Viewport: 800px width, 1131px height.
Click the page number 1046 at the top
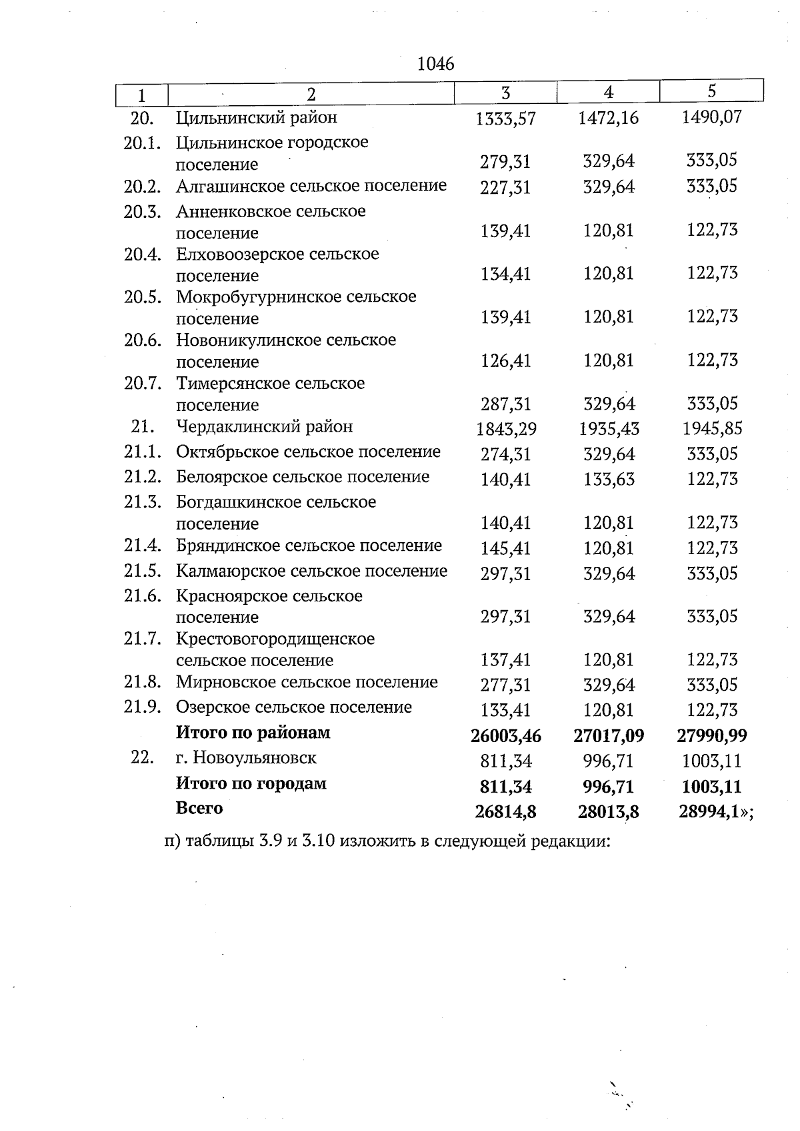(435, 64)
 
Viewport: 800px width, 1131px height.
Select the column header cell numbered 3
(505, 93)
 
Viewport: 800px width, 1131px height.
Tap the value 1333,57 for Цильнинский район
(505, 119)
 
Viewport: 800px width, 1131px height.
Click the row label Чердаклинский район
(264, 426)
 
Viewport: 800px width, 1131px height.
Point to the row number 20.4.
(143, 254)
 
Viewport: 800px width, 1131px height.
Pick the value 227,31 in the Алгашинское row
(505, 188)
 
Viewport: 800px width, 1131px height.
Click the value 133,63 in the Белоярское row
(608, 480)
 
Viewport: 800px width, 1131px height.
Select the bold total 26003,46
(505, 736)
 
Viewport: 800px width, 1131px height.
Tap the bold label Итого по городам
(251, 783)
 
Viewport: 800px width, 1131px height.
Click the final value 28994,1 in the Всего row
(709, 812)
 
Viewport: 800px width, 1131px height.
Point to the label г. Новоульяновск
(246, 758)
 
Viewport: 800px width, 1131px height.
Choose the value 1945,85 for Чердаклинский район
(712, 428)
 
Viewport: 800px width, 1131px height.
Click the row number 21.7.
(143, 639)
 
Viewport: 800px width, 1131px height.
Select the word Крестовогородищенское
(275, 639)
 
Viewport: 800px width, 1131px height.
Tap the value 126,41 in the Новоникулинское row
(505, 361)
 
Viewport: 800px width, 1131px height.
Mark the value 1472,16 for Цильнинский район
(608, 119)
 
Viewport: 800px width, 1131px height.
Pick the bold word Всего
(199, 809)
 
